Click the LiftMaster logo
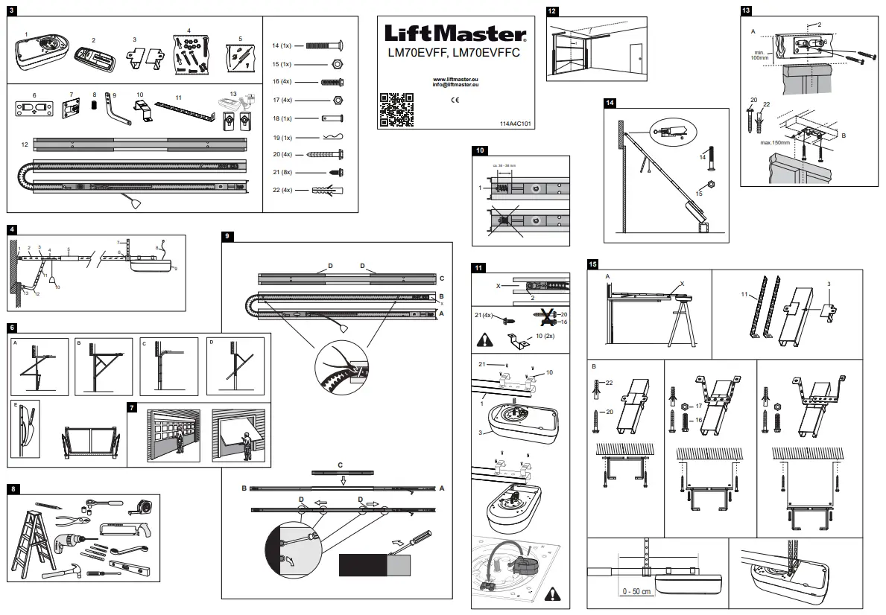pos(455,33)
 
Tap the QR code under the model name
pos(396,108)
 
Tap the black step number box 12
pos(551,11)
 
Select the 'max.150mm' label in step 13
pos(775,141)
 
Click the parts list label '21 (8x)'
pos(282,172)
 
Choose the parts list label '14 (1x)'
pos(282,46)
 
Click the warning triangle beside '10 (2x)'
pos(484,340)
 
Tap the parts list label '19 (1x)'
pos(282,137)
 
